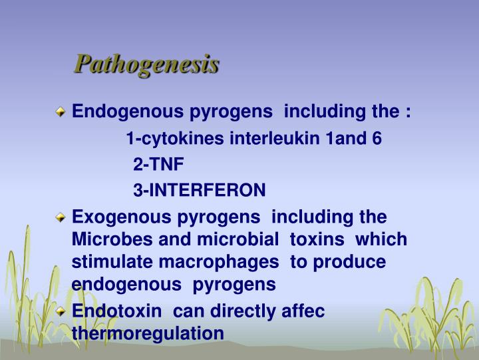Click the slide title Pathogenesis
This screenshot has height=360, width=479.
[x=146, y=65]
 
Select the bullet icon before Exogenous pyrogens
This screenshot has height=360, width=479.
[x=61, y=217]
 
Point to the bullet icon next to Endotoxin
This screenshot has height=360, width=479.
[x=61, y=311]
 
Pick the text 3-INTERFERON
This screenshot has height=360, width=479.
[x=199, y=191]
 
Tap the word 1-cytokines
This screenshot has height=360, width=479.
[x=176, y=139]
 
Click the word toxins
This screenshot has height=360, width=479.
[x=318, y=239]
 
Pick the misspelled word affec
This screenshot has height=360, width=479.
[x=299, y=311]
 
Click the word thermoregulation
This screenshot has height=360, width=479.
[x=148, y=333]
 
